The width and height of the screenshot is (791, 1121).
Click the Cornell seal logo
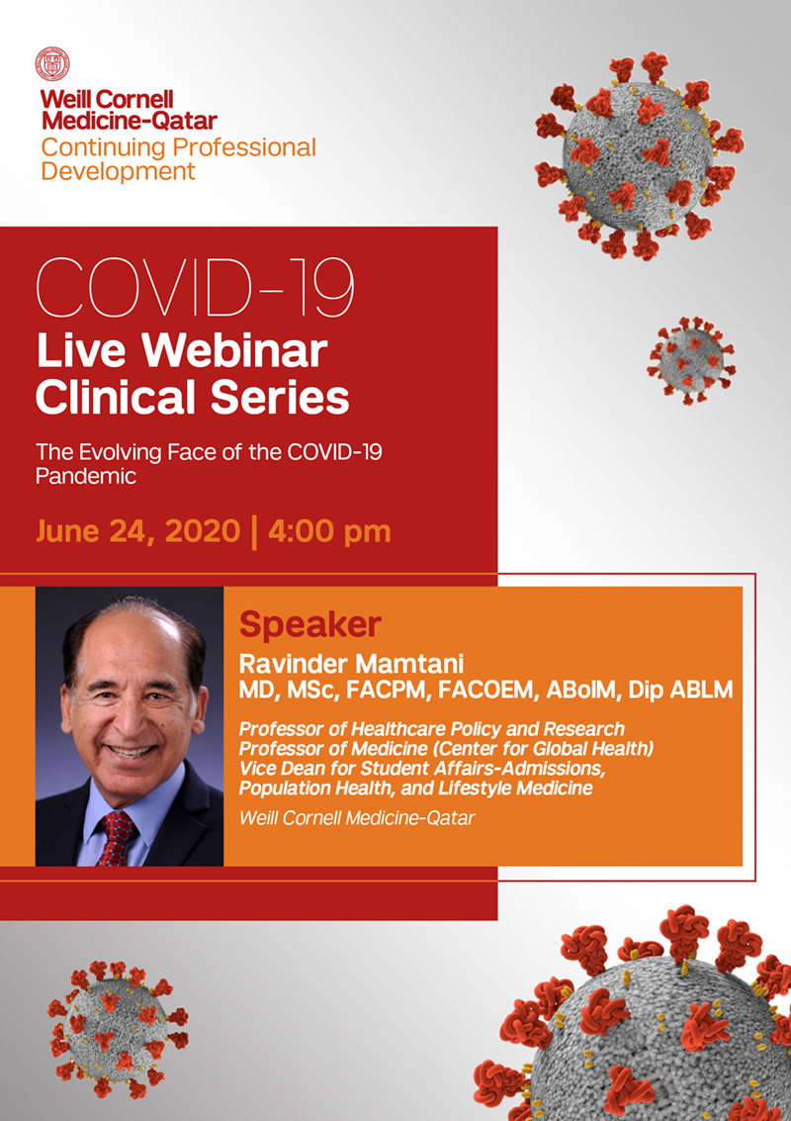(52, 64)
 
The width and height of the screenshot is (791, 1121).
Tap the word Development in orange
(118, 171)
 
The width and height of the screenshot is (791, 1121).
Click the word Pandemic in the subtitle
(86, 476)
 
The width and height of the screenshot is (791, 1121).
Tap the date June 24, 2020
(137, 531)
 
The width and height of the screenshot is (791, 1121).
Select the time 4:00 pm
(329, 532)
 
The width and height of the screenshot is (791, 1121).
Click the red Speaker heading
(310, 625)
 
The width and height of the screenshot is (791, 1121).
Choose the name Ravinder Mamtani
(352, 664)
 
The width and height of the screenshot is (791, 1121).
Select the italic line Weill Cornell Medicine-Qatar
(357, 818)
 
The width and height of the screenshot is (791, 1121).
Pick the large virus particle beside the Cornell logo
(639, 154)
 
